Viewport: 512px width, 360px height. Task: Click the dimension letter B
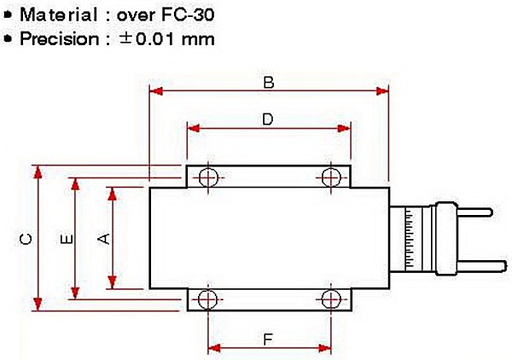[267, 83]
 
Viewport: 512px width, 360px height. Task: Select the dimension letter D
[267, 120]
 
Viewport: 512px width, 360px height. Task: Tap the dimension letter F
[267, 339]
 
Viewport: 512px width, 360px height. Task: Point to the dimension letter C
[26, 240]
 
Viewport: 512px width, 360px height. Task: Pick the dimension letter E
[66, 240]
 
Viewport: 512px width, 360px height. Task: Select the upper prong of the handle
[474, 212]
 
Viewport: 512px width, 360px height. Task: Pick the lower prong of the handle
[474, 264]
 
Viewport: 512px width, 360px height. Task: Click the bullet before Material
[8, 15]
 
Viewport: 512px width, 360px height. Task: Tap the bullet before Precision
[8, 38]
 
